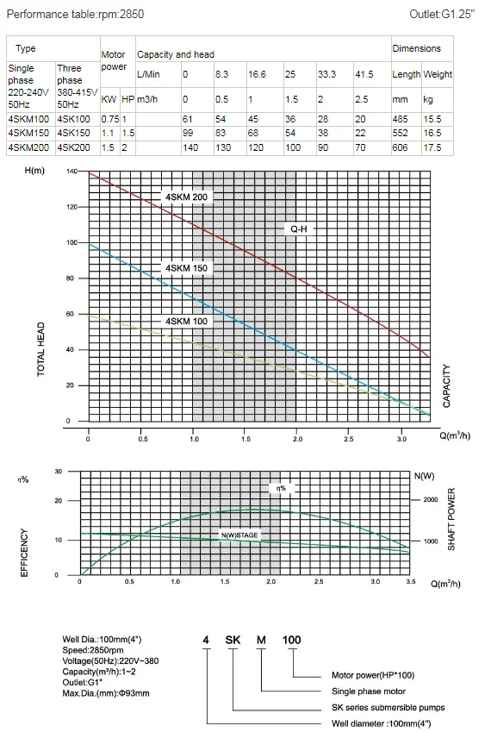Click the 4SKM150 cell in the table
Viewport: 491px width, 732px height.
(28, 133)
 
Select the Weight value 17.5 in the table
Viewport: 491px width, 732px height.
(432, 147)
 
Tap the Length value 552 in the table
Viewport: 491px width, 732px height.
(400, 133)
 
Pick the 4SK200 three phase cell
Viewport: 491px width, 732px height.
(74, 147)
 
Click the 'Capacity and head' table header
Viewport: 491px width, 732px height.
(176, 54)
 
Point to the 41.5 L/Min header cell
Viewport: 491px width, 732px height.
(364, 74)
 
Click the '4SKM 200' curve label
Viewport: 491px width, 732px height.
(187, 197)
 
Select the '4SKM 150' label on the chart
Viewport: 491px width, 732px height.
(187, 268)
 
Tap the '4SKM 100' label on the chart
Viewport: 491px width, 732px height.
(187, 322)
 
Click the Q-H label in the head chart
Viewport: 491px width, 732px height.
(299, 228)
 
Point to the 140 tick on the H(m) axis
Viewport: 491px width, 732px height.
(71, 172)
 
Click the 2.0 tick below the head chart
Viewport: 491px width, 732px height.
(297, 439)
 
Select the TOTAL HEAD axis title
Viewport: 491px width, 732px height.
(41, 349)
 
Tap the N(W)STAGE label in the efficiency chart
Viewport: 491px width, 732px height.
(239, 535)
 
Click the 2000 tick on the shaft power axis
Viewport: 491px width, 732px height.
(431, 499)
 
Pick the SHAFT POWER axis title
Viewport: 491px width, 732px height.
(451, 520)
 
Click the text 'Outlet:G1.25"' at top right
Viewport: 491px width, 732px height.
(442, 14)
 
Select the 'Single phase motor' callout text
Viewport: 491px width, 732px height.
(369, 691)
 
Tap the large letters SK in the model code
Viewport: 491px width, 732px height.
(233, 640)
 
